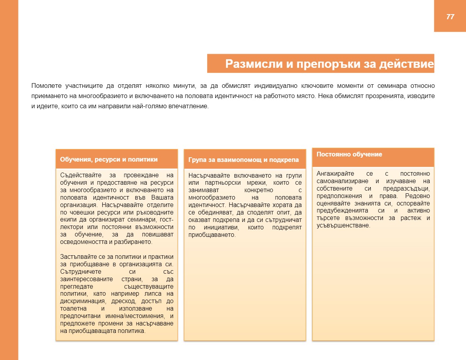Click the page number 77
click(x=450, y=16)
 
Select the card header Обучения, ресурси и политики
click(x=109, y=160)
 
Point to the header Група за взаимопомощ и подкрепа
click(x=244, y=160)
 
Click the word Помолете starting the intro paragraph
click(x=45, y=85)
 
